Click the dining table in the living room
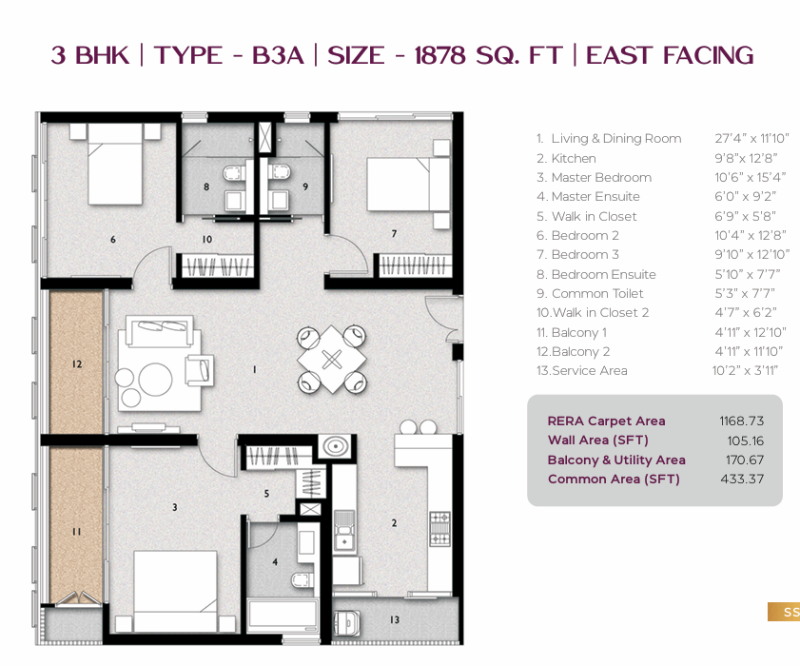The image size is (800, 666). pyautogui.click(x=332, y=360)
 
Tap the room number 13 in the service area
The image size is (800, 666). pyautogui.click(x=395, y=619)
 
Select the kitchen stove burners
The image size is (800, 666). pyautogui.click(x=439, y=528)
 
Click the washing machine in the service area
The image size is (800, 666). pyautogui.click(x=347, y=622)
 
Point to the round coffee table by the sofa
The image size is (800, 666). pyautogui.click(x=155, y=380)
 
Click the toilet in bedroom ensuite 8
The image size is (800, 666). pyautogui.click(x=235, y=173)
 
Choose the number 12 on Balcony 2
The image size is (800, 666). pyautogui.click(x=77, y=363)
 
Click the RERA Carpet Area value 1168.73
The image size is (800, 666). pyautogui.click(x=742, y=421)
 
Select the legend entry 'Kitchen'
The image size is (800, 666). pyautogui.click(x=574, y=159)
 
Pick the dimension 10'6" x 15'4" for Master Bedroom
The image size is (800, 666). pyautogui.click(x=750, y=177)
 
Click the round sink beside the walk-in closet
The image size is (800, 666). pyautogui.click(x=335, y=446)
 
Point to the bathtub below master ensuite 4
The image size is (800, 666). pyautogui.click(x=283, y=617)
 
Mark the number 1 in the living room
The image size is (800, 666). pyautogui.click(x=255, y=369)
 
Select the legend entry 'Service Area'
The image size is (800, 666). pyautogui.click(x=589, y=370)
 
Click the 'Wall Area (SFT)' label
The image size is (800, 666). pyautogui.click(x=598, y=440)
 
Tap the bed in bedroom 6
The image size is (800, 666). pyautogui.click(x=115, y=165)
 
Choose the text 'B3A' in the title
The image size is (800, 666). pyautogui.click(x=278, y=55)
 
